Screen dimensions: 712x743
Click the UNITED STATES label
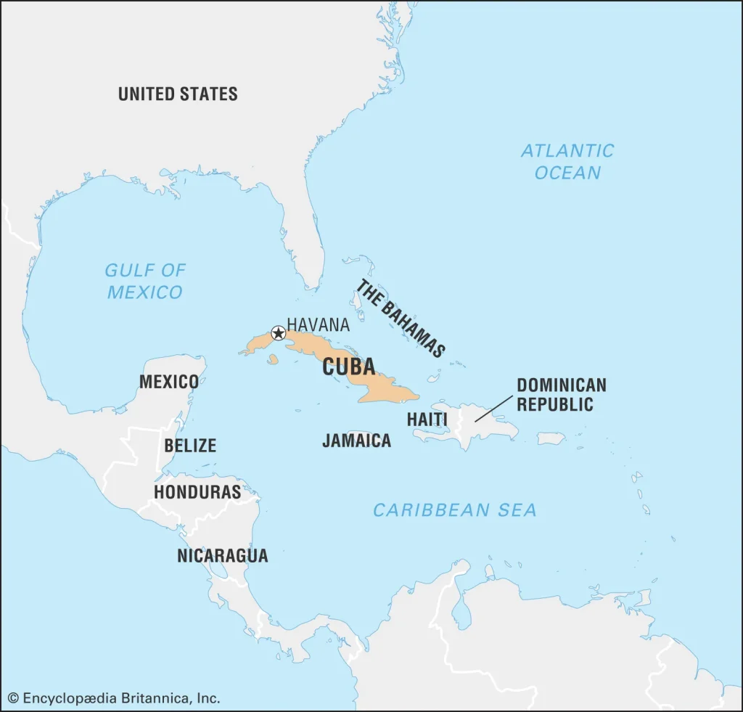click(178, 94)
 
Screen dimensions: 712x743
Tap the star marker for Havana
click(278, 333)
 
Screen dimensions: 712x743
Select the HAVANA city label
click(318, 324)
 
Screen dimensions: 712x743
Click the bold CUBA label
click(348, 367)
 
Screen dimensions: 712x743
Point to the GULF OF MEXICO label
click(145, 281)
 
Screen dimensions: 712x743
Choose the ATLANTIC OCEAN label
click(567, 161)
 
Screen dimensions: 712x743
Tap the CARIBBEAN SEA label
click(455, 510)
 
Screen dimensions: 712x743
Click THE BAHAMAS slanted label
click(399, 318)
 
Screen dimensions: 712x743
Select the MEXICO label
click(168, 381)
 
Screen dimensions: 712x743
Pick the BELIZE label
click(190, 445)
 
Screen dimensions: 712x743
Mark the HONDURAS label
click(197, 491)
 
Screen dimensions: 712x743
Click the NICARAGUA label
click(223, 555)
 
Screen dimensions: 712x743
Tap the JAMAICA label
click(356, 440)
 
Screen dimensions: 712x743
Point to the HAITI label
click(427, 419)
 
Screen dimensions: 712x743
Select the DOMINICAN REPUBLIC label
click(561, 394)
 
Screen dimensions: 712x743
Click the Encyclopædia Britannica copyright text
click(114, 698)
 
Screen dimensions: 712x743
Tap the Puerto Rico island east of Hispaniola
click(551, 438)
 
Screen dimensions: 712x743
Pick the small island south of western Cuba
click(273, 359)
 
